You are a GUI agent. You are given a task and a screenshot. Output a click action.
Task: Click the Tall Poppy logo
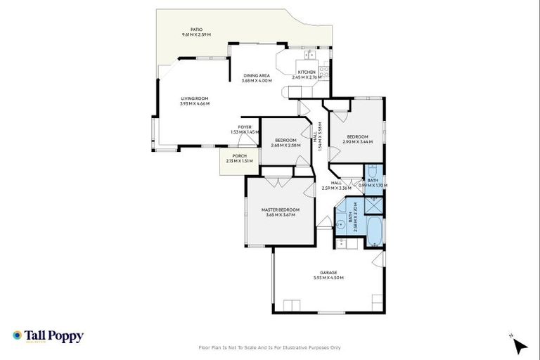pos(48,336)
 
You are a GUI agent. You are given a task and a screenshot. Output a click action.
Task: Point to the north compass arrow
pos(520,345)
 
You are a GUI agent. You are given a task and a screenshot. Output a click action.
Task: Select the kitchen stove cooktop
pos(324,70)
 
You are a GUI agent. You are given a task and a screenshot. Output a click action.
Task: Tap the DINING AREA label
pos(257,76)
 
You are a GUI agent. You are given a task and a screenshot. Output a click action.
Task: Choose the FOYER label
pos(244,127)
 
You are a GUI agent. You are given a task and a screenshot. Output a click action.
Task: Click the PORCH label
pos(239,156)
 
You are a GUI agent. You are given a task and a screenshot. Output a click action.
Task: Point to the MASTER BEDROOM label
pos(280,210)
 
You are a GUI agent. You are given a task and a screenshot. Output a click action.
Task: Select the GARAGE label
pos(328,272)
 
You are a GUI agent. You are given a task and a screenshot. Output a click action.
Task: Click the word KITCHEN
pos(307,72)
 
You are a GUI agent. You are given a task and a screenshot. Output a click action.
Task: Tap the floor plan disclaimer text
pos(270,347)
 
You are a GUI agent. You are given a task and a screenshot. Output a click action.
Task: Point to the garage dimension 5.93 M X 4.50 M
pos(328,278)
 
